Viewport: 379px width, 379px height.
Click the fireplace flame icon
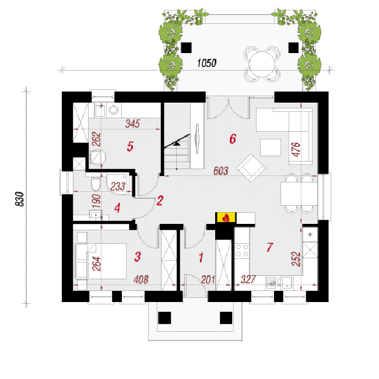click(x=226, y=217)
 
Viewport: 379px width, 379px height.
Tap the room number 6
click(x=233, y=139)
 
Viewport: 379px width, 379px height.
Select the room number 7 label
click(x=270, y=247)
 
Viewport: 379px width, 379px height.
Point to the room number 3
click(x=138, y=257)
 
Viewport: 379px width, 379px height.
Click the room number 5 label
click(x=130, y=146)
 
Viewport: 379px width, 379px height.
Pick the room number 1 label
click(x=201, y=258)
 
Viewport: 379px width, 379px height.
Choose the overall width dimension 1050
click(x=206, y=63)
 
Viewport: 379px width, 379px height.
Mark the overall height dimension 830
click(x=20, y=199)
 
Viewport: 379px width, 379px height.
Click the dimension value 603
click(x=220, y=171)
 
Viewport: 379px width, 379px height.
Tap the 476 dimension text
click(x=296, y=149)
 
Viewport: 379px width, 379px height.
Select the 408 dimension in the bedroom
click(x=141, y=279)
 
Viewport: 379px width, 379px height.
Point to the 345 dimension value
click(x=132, y=124)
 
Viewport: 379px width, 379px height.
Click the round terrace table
click(x=262, y=64)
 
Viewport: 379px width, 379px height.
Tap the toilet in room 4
click(x=96, y=184)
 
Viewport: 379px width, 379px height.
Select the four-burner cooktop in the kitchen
click(x=242, y=250)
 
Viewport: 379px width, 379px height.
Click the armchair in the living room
click(x=251, y=168)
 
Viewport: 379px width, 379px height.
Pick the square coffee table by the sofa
click(x=271, y=148)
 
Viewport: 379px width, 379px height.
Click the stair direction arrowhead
click(x=177, y=144)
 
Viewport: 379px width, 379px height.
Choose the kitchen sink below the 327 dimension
click(x=286, y=282)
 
